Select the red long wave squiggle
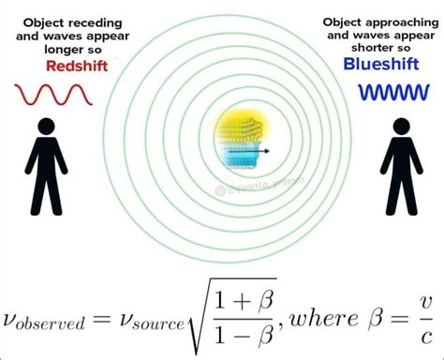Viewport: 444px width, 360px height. pyautogui.click(x=52, y=94)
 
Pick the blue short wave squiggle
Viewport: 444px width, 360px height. pyautogui.click(x=391, y=93)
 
